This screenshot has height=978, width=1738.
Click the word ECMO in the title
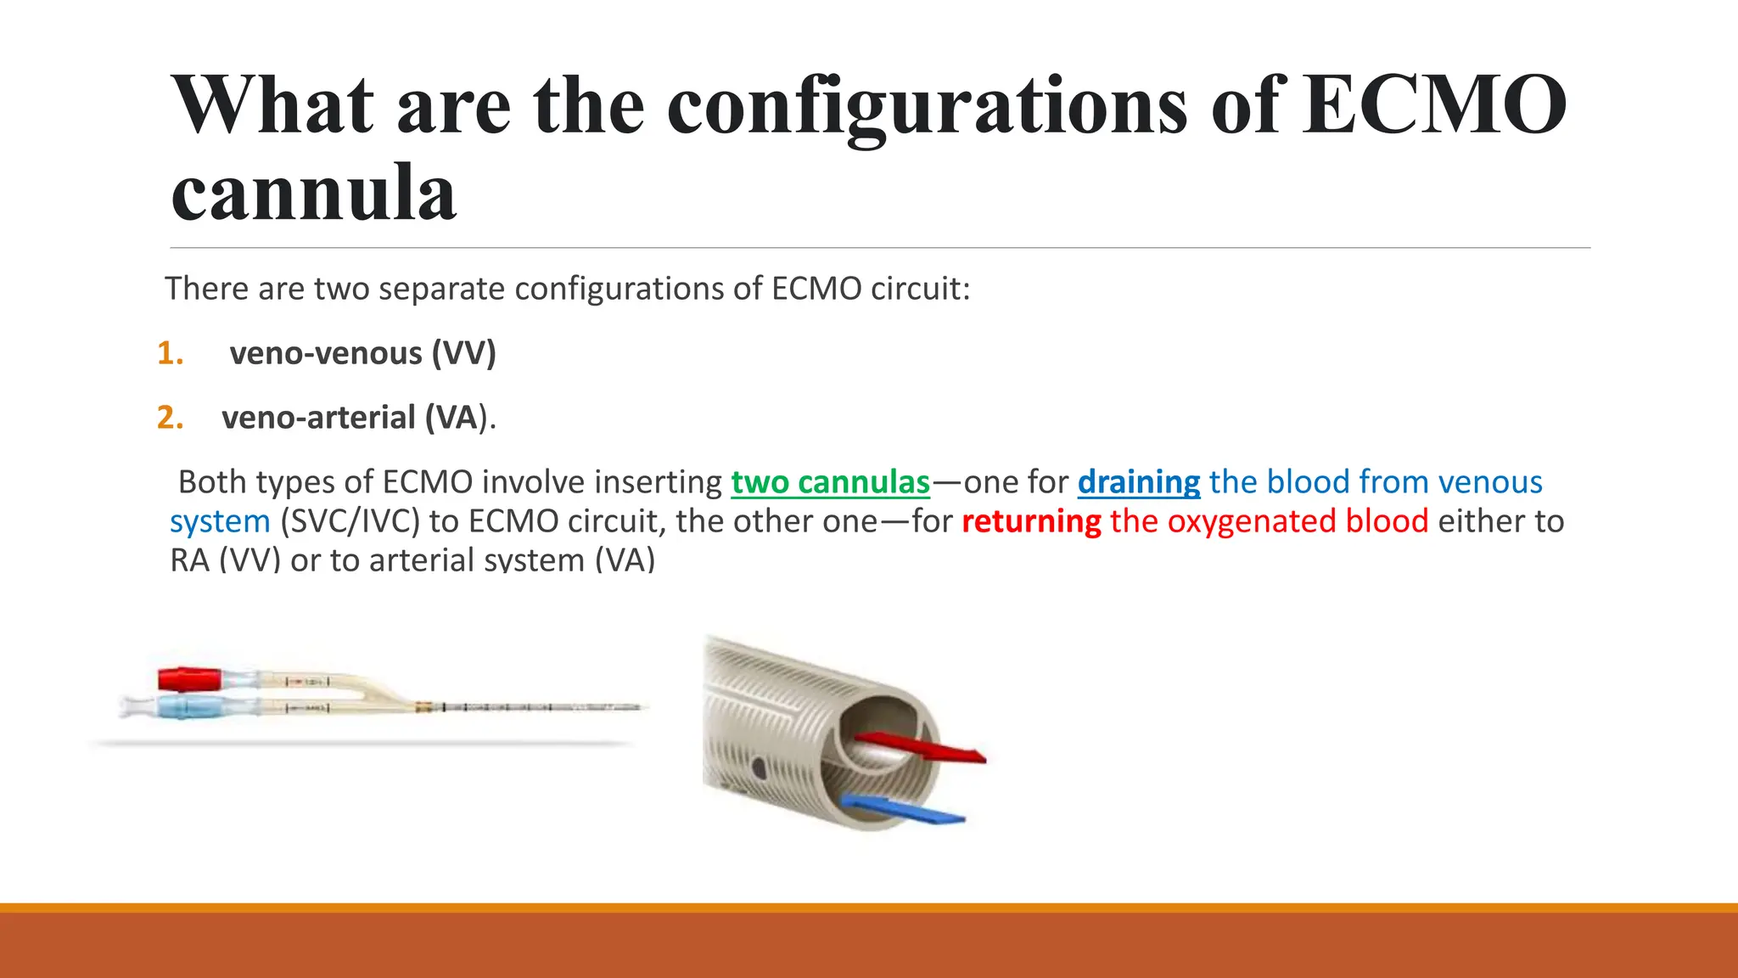pos(1434,105)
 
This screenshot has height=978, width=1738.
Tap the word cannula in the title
pos(314,194)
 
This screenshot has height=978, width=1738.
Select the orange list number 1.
pos(170,353)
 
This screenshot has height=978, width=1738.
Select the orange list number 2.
pos(170,418)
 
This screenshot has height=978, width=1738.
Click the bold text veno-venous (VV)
pos(362,353)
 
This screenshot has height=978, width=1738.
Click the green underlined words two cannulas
pos(830,482)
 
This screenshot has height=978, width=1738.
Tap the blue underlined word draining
pos(1138,482)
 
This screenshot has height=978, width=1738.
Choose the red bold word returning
pos(1031,521)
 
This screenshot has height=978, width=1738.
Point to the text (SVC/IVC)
pos(350,521)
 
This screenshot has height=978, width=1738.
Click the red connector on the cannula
pos(188,679)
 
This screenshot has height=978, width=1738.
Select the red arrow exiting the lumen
pos(925,747)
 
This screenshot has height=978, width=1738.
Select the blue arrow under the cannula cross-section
pos(905,810)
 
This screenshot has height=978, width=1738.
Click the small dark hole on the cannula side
pos(759,769)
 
